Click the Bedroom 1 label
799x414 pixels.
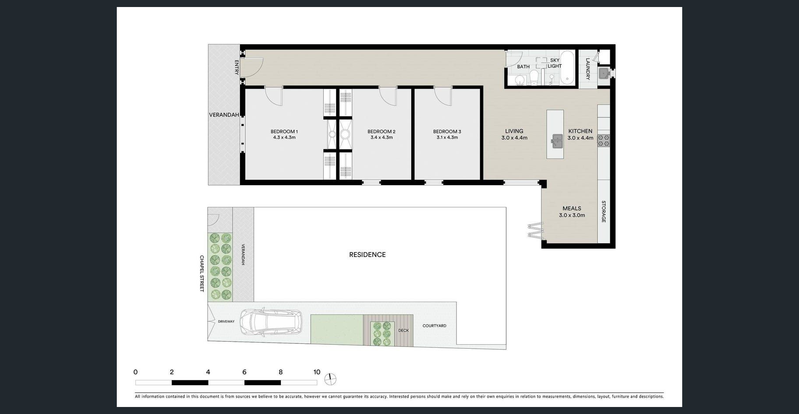click(x=284, y=132)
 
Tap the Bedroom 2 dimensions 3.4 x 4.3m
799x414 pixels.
click(x=382, y=137)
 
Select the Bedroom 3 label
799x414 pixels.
click(x=447, y=132)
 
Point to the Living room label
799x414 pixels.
click(x=514, y=131)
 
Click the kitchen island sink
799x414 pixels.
click(x=557, y=141)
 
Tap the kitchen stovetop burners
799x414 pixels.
click(x=604, y=140)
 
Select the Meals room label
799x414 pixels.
click(x=572, y=209)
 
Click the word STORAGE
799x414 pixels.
click(x=604, y=211)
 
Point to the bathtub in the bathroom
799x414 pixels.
click(x=567, y=68)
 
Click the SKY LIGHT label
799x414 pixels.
click(x=555, y=63)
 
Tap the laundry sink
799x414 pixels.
click(x=604, y=73)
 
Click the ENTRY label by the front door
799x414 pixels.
click(x=237, y=68)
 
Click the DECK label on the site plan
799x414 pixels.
click(x=403, y=331)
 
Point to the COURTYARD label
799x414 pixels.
click(x=435, y=326)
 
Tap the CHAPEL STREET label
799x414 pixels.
click(x=202, y=274)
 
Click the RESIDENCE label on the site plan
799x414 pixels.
click(x=368, y=255)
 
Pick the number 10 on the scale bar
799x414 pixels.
click(x=317, y=372)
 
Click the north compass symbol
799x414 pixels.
click(x=330, y=378)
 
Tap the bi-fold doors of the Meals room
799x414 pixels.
click(x=536, y=230)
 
